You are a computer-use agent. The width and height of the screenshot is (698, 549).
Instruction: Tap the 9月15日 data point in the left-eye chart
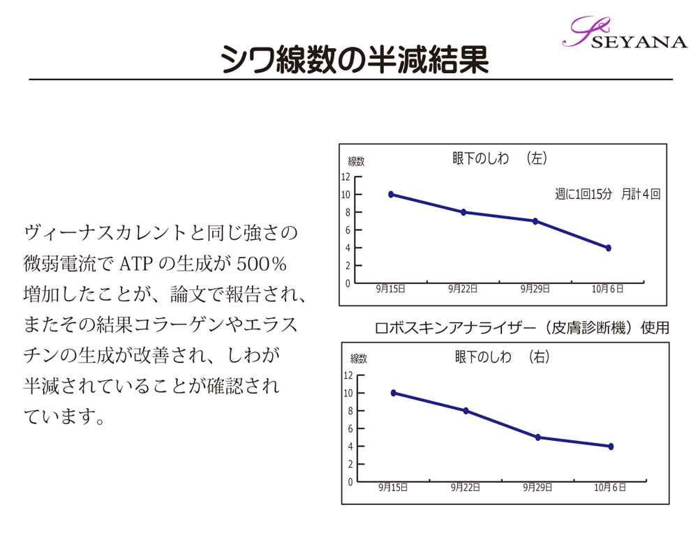(391, 195)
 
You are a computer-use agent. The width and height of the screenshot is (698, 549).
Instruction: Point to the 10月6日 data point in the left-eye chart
(608, 248)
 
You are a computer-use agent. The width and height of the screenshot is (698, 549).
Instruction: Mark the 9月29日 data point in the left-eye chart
(535, 221)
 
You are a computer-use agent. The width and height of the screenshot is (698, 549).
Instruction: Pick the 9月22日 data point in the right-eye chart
(466, 411)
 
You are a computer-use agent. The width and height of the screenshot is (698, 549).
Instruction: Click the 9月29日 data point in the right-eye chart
(538, 437)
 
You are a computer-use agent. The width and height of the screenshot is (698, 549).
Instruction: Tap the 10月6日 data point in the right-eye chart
(611, 446)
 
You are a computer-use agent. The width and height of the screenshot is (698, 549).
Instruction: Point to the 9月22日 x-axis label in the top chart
(463, 289)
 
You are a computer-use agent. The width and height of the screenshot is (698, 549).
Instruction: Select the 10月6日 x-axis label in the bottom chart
(610, 487)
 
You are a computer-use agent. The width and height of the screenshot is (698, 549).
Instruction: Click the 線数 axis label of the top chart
(357, 162)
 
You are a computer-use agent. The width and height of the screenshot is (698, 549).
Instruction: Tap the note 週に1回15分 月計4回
(607, 195)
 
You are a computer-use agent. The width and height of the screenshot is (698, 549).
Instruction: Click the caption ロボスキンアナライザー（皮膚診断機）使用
(522, 327)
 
